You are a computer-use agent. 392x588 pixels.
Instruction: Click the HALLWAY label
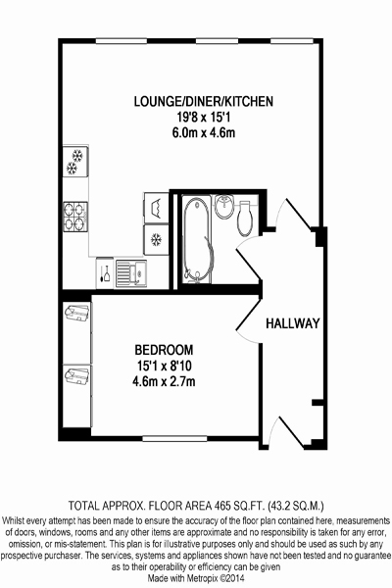coord(293,323)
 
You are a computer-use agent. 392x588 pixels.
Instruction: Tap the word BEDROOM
coord(164,350)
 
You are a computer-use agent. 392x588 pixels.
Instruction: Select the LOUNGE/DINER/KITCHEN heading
coord(204,101)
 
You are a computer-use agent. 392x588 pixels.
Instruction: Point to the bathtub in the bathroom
coord(198,240)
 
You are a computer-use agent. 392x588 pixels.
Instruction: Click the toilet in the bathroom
coord(245,219)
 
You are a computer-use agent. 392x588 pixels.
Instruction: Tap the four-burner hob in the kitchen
coord(75,217)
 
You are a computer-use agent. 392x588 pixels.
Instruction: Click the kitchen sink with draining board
coord(131,273)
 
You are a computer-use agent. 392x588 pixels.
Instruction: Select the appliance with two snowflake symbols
coord(75,162)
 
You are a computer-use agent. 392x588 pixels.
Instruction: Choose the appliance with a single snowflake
coord(156,240)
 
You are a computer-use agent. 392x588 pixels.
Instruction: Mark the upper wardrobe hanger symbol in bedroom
coord(76,313)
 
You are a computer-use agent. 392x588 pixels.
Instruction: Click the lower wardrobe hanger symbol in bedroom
coord(76,375)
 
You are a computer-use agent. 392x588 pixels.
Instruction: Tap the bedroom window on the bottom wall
coord(174,438)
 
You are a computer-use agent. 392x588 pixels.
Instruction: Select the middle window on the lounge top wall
coord(217,41)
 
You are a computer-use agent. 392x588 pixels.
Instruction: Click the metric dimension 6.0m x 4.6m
coord(204,133)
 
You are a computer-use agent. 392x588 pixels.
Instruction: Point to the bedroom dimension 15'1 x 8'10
coord(164,366)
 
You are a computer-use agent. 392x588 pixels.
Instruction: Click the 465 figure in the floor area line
coord(222,506)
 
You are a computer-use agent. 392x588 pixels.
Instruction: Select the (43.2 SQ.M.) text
coord(296,506)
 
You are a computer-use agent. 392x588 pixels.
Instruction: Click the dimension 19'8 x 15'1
coord(204,118)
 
